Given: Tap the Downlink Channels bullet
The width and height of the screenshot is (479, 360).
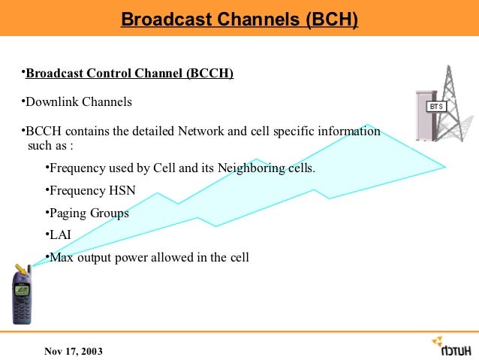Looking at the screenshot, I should tap(79, 101).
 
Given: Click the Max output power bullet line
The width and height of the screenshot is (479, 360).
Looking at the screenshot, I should tap(149, 258).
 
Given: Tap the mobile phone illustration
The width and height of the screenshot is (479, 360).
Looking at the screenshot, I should tap(21, 294).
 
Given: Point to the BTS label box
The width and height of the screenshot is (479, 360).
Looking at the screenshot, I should tap(437, 107).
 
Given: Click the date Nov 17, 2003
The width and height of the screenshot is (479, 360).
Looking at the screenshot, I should tap(74, 352).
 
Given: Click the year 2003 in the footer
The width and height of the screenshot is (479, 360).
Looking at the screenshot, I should tap(91, 352).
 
